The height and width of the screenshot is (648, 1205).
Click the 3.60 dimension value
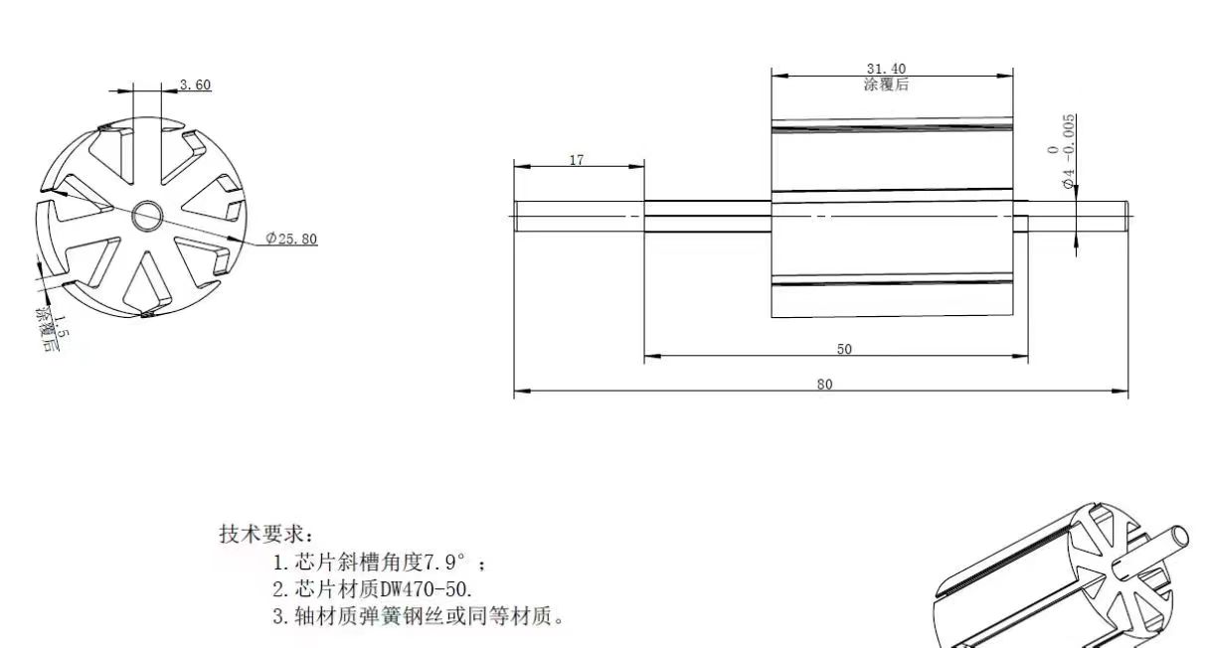(195, 85)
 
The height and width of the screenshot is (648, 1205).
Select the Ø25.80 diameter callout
(291, 239)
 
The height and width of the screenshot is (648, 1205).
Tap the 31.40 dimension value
(886, 69)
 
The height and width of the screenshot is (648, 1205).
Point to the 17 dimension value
(577, 160)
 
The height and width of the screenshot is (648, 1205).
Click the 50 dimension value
(844, 349)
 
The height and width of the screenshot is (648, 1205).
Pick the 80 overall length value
(824, 385)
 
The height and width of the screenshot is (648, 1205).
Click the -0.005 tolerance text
(1069, 139)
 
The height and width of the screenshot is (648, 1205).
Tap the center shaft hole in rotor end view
(147, 213)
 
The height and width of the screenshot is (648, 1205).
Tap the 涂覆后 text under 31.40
(886, 84)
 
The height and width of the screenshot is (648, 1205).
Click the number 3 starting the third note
(278, 616)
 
